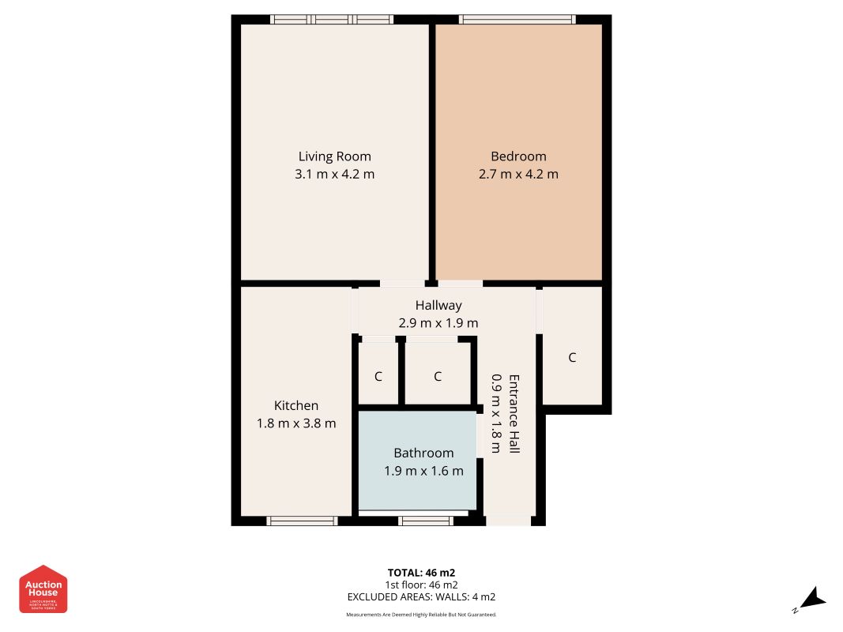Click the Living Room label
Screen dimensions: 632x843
point(334,156)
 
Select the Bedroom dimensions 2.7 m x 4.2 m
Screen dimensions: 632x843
point(518,174)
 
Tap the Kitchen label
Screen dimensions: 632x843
point(296,405)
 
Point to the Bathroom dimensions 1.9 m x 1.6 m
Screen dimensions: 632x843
point(423,471)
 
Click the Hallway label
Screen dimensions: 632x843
point(438,305)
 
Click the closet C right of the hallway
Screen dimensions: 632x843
point(572,357)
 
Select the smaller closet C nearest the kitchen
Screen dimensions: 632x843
point(378,376)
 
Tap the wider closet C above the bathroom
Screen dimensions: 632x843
point(438,376)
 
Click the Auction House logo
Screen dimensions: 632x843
point(43,589)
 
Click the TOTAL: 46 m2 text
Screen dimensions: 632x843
point(421,572)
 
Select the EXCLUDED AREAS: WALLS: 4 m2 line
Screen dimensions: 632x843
point(421,597)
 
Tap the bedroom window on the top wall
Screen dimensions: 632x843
point(517,19)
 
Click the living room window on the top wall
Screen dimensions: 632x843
point(332,19)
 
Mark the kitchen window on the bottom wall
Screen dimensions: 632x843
point(302,521)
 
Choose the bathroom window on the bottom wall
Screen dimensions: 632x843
point(426,521)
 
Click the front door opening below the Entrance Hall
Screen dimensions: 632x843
point(508,521)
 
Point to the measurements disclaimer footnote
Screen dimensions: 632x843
point(421,615)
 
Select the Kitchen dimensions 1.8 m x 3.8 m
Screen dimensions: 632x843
point(296,423)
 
